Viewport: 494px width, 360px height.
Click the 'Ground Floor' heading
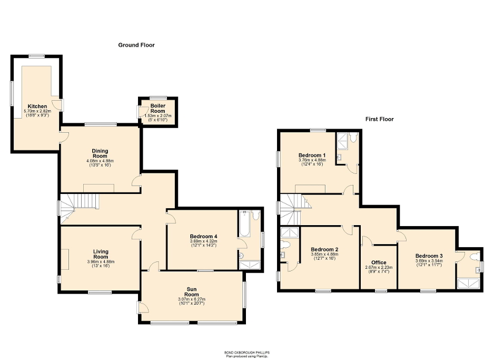136,45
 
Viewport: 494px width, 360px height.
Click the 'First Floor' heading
379,119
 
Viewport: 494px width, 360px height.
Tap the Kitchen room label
37,106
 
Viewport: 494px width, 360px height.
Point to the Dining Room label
100,153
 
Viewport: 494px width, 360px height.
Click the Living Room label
101,255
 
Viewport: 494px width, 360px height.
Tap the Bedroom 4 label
203,236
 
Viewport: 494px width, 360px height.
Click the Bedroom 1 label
310,155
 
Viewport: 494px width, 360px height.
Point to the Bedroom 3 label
429,256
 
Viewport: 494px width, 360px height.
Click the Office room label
378,262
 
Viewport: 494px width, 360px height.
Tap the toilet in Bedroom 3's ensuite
475,257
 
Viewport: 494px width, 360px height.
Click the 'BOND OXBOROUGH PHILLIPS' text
247,353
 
